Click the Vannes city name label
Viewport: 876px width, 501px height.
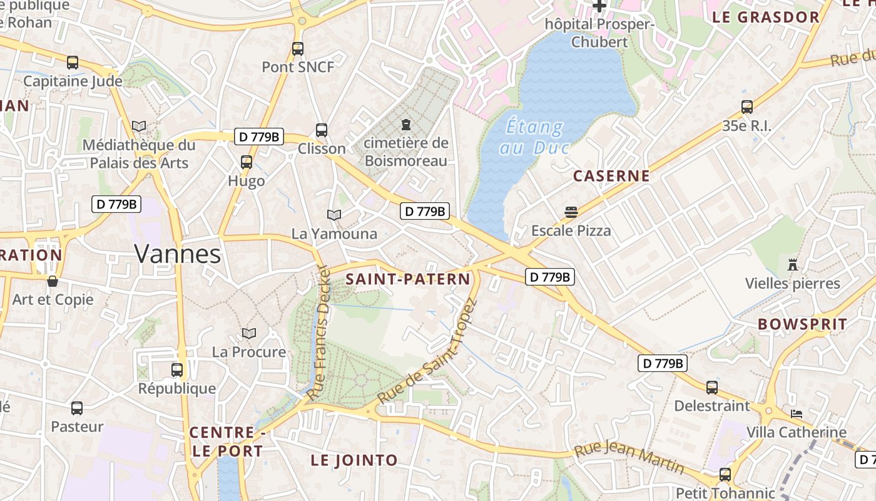coord(178,254)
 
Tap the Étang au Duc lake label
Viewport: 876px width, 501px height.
coord(534,137)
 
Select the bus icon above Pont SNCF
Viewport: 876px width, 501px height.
coord(298,48)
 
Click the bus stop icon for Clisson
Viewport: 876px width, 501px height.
coord(322,130)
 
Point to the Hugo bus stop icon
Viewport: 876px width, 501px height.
coord(247,162)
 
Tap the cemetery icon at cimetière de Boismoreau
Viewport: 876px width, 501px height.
coord(407,124)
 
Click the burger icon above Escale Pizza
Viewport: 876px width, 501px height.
coord(571,212)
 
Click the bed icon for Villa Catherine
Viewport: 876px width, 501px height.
coord(797,414)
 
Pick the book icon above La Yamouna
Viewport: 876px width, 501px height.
coord(334,215)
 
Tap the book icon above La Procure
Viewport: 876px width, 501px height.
coord(249,333)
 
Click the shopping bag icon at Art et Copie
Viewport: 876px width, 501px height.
coord(53,281)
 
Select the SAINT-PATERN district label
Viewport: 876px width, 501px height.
coord(407,279)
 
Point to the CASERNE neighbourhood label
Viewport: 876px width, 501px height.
coord(611,176)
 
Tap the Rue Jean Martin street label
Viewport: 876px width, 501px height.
coord(629,458)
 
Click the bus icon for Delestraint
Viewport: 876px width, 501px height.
coord(712,387)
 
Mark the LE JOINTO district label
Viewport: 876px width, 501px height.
coord(354,460)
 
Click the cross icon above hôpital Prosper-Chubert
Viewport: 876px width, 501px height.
coord(599,6)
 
